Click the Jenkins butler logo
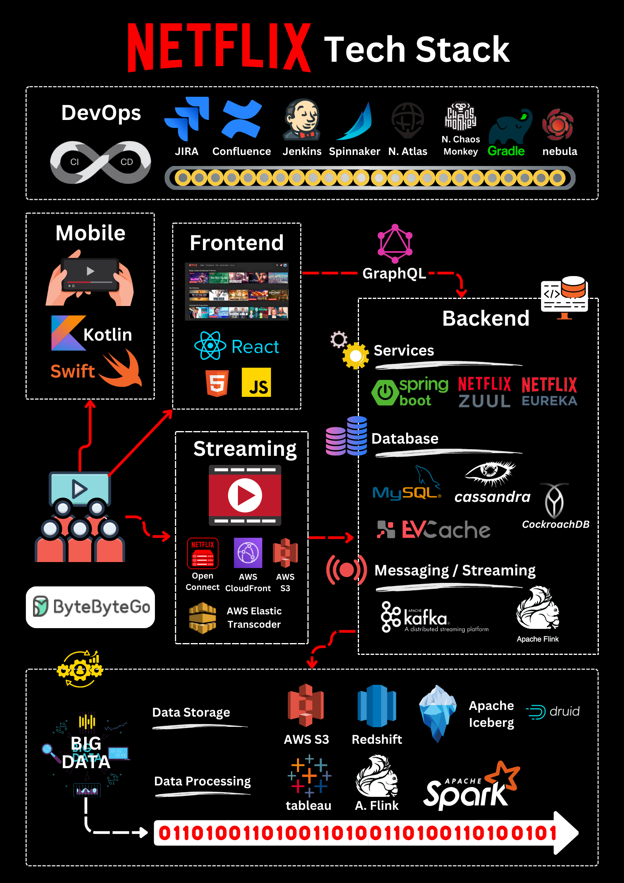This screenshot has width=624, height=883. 302,120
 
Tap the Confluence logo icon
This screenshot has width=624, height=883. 241,119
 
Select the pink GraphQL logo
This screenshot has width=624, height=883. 395,243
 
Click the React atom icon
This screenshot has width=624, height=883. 210,346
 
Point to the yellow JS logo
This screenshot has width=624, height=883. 256,382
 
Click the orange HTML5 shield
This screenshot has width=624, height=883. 217,383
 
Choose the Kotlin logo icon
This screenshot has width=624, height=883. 68,333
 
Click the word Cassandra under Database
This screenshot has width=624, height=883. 492,497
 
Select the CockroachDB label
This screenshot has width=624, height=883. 556,524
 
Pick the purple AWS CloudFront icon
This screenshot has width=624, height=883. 248,553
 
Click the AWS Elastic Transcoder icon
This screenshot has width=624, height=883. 202,618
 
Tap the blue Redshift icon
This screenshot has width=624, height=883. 377,706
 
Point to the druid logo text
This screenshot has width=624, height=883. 564,712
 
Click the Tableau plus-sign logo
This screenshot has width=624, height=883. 309,776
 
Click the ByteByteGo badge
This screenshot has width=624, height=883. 90,607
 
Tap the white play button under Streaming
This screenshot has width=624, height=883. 245,496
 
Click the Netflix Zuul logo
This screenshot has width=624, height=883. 484,393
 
